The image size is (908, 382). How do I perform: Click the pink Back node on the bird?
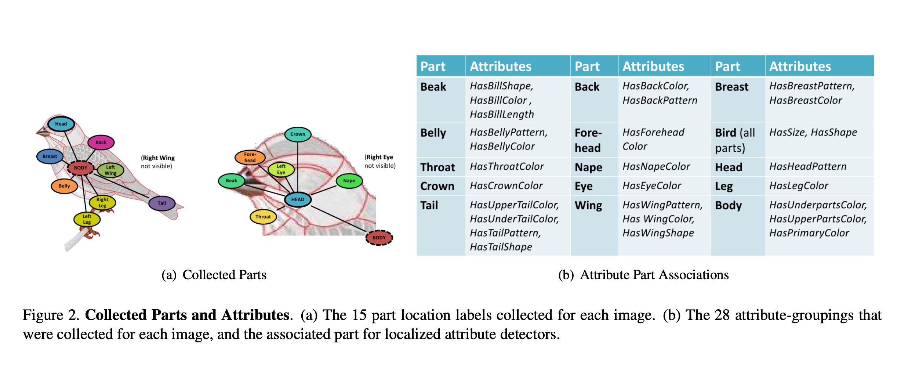click(x=101, y=142)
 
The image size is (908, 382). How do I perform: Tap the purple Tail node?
click(x=161, y=203)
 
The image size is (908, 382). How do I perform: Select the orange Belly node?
click(x=64, y=186)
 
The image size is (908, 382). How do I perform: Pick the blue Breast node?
click(x=50, y=156)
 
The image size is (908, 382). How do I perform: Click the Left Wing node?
click(x=110, y=170)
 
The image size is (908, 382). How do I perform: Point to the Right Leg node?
click(x=102, y=202)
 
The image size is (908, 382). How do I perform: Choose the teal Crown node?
click(x=298, y=134)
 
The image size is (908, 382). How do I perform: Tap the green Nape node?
click(x=349, y=181)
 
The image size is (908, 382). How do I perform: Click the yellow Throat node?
click(x=263, y=217)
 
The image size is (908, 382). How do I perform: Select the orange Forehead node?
click(x=250, y=157)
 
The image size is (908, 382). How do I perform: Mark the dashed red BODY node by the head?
click(x=379, y=238)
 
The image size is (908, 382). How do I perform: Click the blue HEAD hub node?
click(x=298, y=199)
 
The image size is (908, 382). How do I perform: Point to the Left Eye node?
click(x=281, y=169)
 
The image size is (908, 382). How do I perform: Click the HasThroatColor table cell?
click(x=506, y=166)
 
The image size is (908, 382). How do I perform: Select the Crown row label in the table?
click(x=437, y=186)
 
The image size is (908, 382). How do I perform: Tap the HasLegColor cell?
click(x=799, y=186)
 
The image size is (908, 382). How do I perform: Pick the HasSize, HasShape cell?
click(x=813, y=132)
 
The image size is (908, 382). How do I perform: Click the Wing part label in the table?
click(x=588, y=205)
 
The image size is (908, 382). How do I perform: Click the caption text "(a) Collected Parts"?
click(x=214, y=275)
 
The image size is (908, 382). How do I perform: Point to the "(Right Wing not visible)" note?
click(x=158, y=162)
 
